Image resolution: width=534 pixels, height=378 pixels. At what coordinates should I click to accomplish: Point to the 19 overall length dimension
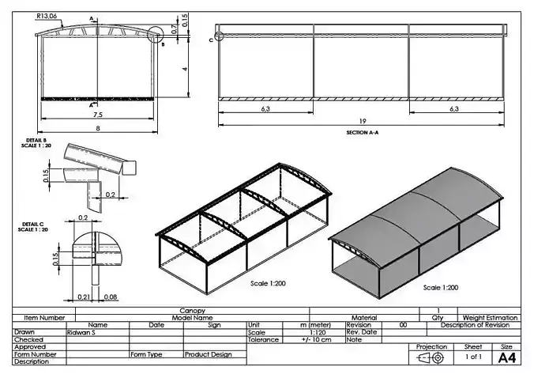tap(363, 121)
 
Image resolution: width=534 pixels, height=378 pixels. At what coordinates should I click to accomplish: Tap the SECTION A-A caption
tap(363, 133)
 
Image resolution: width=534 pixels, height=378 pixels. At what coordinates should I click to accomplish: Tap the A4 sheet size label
tap(506, 357)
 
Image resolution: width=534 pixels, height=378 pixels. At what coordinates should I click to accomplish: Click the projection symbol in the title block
tap(431, 357)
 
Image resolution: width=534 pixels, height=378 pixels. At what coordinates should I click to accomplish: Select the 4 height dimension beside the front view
tap(184, 69)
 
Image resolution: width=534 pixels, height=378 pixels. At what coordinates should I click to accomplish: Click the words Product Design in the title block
tap(208, 354)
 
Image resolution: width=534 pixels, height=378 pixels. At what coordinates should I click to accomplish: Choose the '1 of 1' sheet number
tap(472, 357)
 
